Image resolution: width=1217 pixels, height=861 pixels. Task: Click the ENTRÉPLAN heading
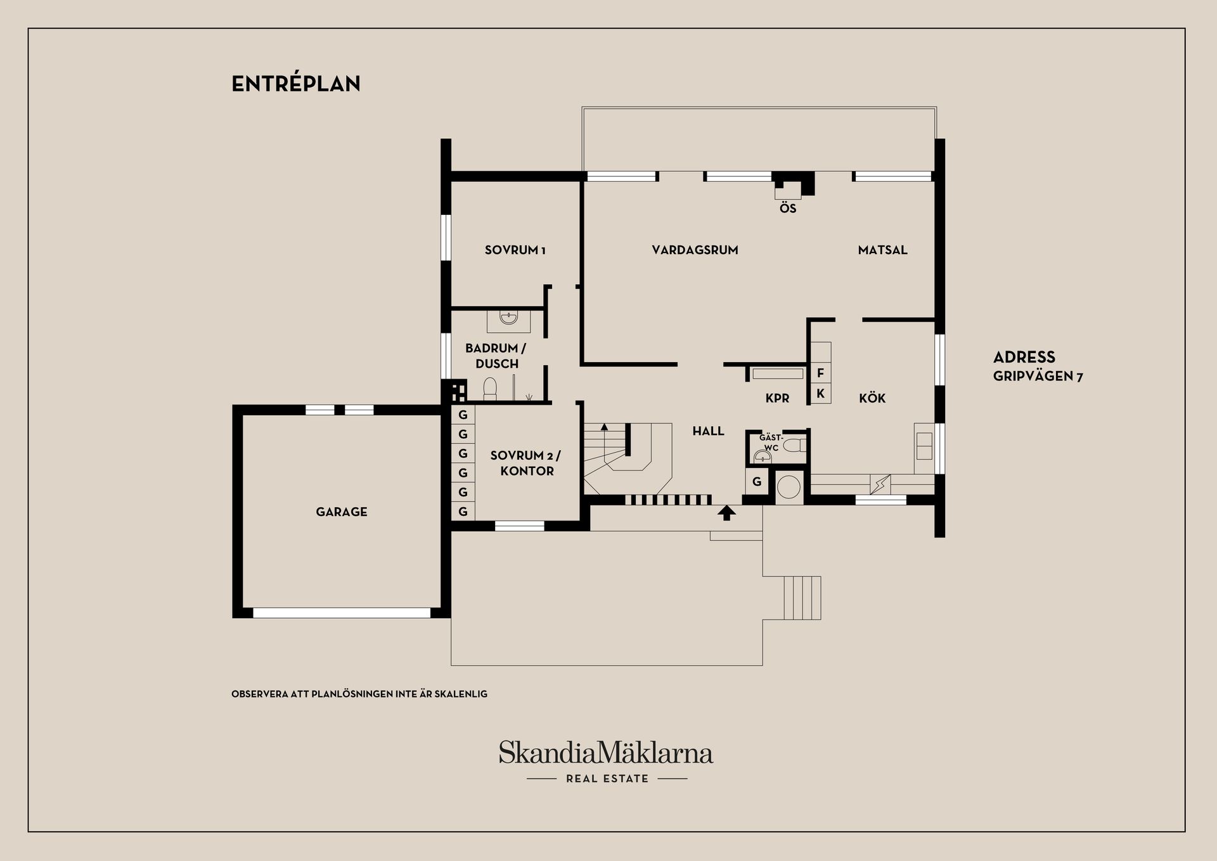[296, 84]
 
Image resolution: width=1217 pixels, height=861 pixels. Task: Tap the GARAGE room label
[342, 512]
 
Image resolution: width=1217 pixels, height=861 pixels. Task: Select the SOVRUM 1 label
[515, 250]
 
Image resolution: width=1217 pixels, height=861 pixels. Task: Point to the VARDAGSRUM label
[695, 250]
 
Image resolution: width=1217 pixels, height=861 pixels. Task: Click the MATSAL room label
[883, 250]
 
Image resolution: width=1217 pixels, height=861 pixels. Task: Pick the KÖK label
[872, 398]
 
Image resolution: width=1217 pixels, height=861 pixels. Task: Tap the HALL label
[708, 431]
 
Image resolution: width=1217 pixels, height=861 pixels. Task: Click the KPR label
[777, 398]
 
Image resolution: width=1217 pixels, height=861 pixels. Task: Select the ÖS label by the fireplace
[788, 208]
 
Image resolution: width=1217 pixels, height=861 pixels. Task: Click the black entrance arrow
[726, 512]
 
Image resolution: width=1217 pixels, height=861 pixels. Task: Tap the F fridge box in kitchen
[820, 373]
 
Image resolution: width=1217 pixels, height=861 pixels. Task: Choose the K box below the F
[820, 394]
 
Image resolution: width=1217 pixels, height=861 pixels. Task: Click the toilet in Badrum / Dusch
[490, 389]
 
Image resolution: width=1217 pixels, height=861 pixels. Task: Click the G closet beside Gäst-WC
[757, 482]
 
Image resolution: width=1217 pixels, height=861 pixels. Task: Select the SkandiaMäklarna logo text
[606, 753]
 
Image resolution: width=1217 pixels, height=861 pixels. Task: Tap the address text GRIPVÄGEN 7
[1038, 376]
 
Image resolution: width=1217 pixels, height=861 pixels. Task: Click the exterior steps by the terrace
[802, 598]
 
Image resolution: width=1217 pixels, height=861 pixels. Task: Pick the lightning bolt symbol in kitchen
[880, 485]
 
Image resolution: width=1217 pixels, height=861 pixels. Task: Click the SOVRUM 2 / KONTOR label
[526, 463]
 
